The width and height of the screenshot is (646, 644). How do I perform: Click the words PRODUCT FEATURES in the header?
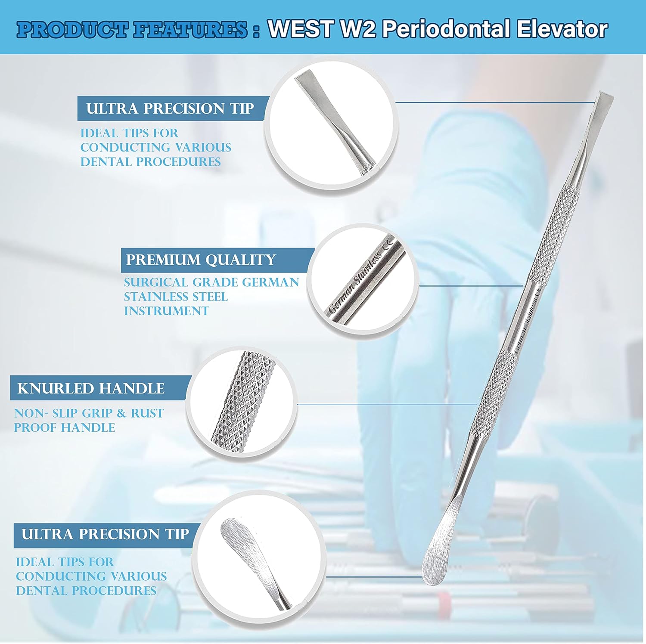click(133, 30)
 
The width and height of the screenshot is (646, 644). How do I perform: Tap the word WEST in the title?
click(300, 29)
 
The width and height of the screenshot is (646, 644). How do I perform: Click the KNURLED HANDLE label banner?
click(91, 388)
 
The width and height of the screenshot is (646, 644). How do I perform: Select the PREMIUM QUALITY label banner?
click(201, 260)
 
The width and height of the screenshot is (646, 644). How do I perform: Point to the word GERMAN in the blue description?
click(270, 282)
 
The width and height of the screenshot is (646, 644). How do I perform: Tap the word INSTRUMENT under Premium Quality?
click(166, 311)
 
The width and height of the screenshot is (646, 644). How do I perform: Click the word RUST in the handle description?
click(147, 413)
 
